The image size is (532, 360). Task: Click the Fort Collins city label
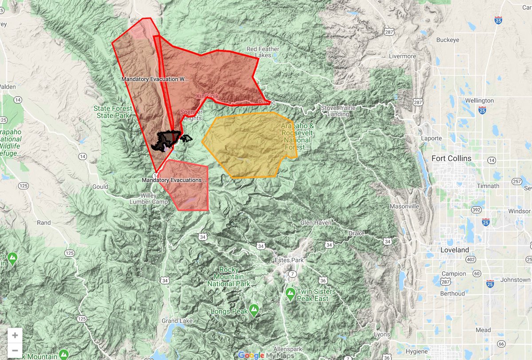(452, 158)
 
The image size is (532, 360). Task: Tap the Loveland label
(454, 250)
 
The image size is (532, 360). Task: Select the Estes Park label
(289, 260)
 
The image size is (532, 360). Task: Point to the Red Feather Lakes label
(259, 52)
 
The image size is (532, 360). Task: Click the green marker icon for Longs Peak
(254, 309)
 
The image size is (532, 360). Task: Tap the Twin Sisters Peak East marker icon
(290, 293)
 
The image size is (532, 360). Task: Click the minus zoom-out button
(15, 351)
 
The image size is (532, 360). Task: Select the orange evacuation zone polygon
(248, 144)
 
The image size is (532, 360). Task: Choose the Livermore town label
(402, 56)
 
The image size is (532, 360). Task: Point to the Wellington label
(479, 101)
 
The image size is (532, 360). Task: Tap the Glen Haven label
(316, 223)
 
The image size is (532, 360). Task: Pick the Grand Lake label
(176, 321)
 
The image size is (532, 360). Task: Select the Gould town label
(100, 187)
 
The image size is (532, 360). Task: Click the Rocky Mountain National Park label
(235, 277)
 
